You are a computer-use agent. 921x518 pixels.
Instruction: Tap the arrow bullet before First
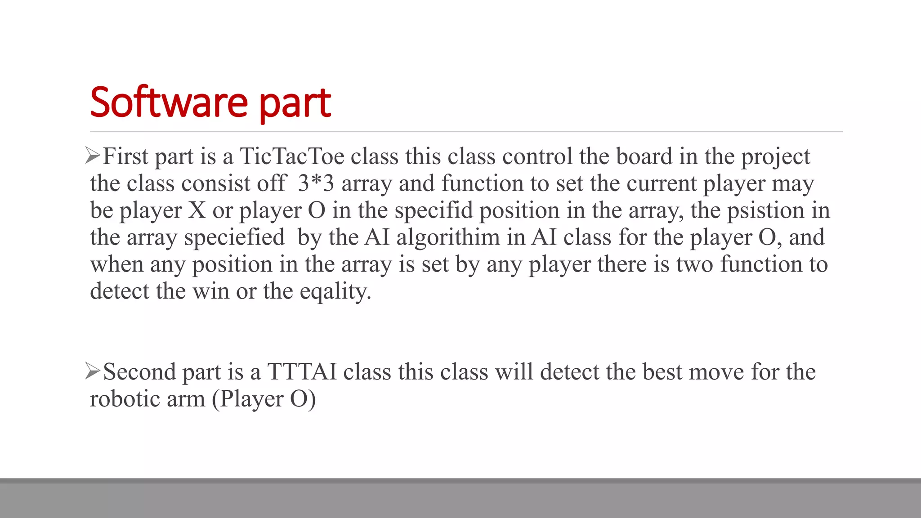click(x=92, y=156)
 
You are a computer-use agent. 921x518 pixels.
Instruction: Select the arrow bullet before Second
click(x=92, y=372)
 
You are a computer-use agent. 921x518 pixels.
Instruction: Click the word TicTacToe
click(x=292, y=156)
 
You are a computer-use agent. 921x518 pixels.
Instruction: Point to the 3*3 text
click(x=316, y=183)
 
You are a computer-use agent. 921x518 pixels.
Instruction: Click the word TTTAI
click(x=302, y=372)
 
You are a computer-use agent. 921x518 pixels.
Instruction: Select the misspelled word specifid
click(x=434, y=210)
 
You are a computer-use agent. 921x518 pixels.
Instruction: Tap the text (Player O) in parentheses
click(x=264, y=399)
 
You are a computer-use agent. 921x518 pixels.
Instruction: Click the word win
click(x=211, y=291)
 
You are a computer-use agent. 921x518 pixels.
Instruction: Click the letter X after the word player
click(x=197, y=210)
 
